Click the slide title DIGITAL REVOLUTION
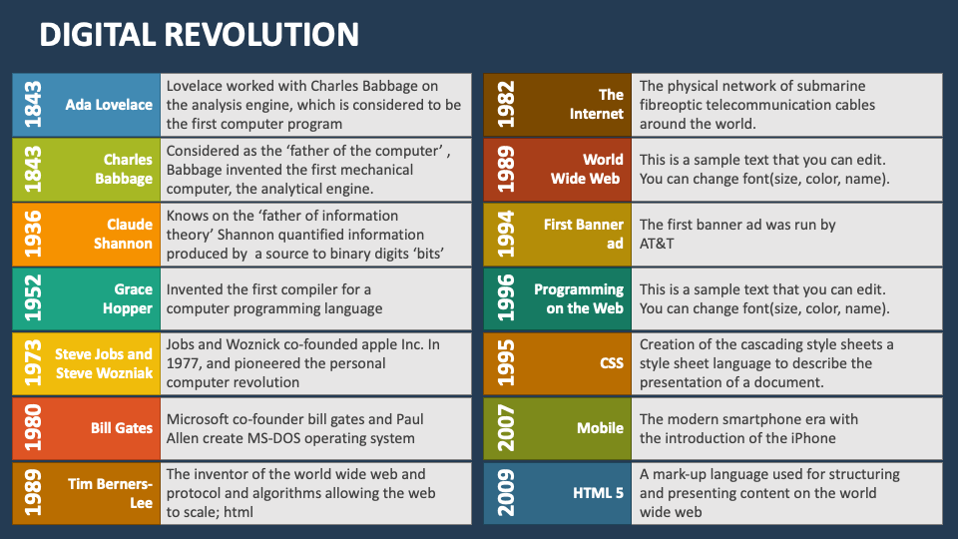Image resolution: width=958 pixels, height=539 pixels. [199, 35]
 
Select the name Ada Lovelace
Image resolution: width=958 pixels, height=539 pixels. [109, 105]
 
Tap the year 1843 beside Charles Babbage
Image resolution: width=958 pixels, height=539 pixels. [34, 170]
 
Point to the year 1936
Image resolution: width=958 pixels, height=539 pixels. [34, 235]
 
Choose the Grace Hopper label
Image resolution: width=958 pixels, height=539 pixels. [128, 299]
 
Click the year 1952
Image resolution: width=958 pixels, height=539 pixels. [34, 299]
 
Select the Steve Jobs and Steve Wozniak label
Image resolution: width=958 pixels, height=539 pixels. [104, 363]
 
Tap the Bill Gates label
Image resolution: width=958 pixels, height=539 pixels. [122, 428]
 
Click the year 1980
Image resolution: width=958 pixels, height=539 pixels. [34, 428]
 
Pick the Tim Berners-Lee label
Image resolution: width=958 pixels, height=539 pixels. [111, 493]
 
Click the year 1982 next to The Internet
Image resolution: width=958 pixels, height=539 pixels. [506, 105]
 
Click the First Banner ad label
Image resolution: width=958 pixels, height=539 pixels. [584, 235]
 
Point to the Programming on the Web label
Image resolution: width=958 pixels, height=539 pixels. [579, 299]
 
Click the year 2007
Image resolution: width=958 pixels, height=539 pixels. [506, 428]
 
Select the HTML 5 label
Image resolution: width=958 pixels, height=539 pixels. [598, 493]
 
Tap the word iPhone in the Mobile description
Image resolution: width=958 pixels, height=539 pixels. [811, 438]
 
